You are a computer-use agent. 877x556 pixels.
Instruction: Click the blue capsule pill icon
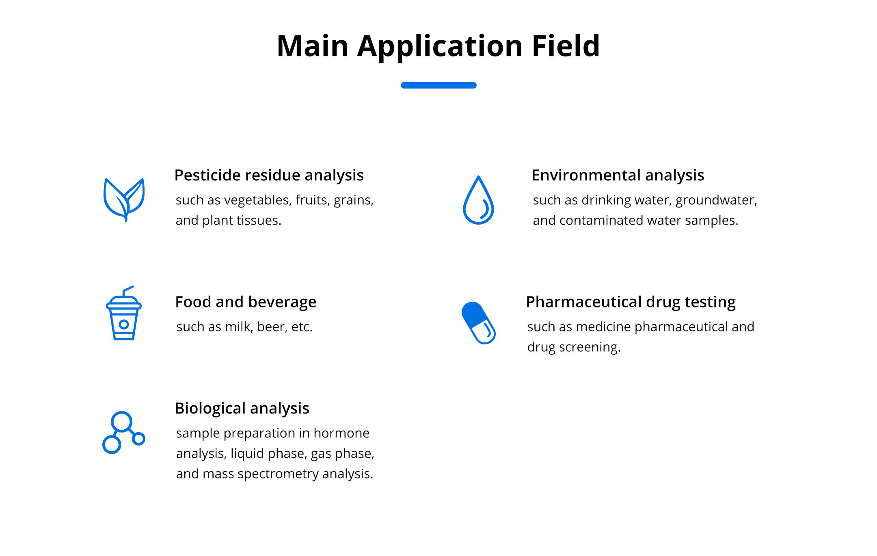[x=478, y=323]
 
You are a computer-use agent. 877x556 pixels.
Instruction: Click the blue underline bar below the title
[x=438, y=85]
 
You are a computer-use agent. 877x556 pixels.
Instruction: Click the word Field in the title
[x=566, y=46]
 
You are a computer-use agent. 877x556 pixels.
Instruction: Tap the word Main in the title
[x=313, y=46]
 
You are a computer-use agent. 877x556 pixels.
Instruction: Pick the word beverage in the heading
[x=282, y=302]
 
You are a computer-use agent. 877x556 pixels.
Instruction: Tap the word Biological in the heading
[x=210, y=409]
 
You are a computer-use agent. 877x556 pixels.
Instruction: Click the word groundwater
[x=715, y=200]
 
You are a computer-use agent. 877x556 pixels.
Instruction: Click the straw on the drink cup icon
[x=127, y=290]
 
